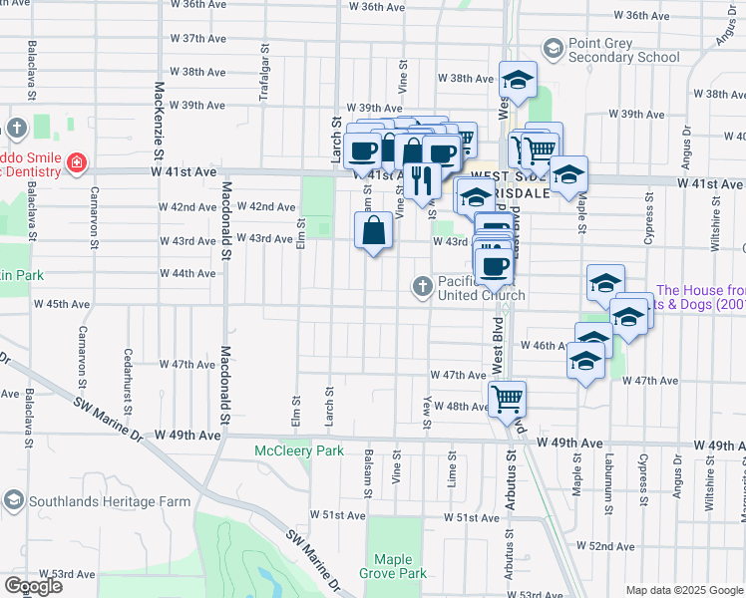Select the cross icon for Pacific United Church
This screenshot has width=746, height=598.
click(x=423, y=287)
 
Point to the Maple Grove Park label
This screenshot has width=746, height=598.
click(x=399, y=566)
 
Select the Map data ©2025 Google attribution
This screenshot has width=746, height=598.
click(x=683, y=590)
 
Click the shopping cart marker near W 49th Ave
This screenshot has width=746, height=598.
click(x=508, y=398)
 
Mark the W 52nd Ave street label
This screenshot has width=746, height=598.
click(x=605, y=546)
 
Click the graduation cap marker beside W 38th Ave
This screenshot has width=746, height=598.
click(x=517, y=79)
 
